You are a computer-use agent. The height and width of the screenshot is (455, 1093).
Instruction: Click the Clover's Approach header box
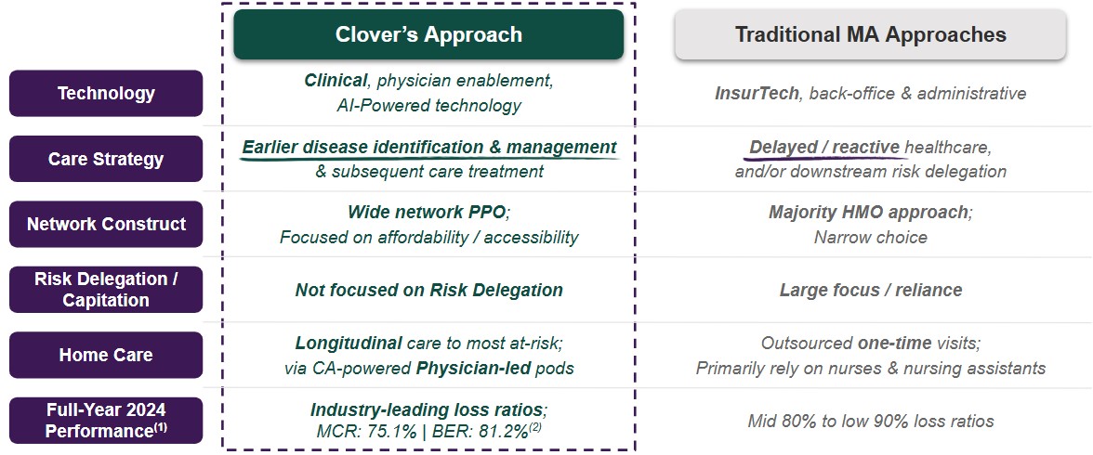point(428,34)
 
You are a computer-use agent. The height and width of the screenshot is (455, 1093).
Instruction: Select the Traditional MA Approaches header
point(871,34)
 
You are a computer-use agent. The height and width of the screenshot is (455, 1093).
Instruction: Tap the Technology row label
point(106,94)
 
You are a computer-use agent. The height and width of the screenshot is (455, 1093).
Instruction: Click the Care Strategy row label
point(106,159)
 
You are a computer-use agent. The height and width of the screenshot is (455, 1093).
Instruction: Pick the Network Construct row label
point(106,225)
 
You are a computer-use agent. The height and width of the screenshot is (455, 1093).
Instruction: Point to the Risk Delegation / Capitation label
point(106,290)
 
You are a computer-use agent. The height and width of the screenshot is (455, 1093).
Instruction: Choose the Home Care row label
point(106,355)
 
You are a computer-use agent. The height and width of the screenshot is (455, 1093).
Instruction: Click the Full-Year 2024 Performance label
point(106,420)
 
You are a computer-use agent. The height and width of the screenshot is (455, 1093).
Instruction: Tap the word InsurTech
point(757,94)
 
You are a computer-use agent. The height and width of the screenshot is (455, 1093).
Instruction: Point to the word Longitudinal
point(349,344)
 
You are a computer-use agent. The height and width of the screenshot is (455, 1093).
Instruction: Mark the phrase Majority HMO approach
point(868,213)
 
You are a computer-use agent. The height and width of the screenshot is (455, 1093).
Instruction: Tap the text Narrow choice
point(871,238)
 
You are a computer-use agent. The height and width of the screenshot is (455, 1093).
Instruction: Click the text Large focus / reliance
point(871,290)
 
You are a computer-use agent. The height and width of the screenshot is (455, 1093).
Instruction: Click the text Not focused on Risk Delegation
point(428,290)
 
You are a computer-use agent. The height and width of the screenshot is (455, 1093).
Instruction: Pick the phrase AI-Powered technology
point(428,106)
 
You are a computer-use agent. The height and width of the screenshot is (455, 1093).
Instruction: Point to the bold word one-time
point(894,344)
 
